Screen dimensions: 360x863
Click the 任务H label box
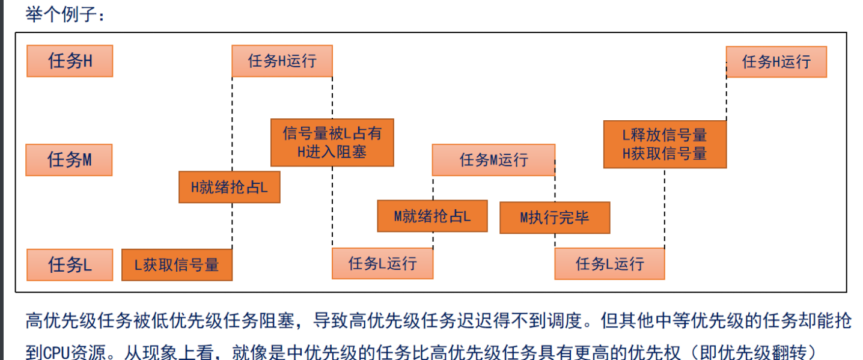pyautogui.click(x=70, y=61)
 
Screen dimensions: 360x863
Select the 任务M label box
pyautogui.click(x=69, y=160)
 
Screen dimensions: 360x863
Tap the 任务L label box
pyautogui.click(x=70, y=264)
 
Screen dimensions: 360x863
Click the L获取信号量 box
pyautogui.click(x=177, y=265)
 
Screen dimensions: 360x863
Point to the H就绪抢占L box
pyautogui.click(x=230, y=187)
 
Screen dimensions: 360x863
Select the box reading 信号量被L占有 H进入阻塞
pyautogui.click(x=332, y=142)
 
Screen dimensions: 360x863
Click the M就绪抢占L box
pyautogui.click(x=432, y=216)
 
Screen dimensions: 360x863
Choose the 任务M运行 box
pyautogui.click(x=493, y=160)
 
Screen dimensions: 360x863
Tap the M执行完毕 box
pyautogui.click(x=555, y=218)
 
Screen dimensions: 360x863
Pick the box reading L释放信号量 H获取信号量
pyautogui.click(x=665, y=144)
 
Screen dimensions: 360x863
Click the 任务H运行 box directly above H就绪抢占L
pyautogui.click(x=282, y=61)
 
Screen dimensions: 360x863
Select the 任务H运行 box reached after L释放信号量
pyautogui.click(x=776, y=61)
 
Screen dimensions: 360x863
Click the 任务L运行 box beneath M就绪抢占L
pyautogui.click(x=382, y=263)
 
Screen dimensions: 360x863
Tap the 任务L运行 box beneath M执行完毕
pyautogui.click(x=609, y=264)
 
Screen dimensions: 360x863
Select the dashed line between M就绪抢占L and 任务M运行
pyautogui.click(x=433, y=188)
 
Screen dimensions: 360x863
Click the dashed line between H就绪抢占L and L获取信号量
pyautogui.click(x=232, y=226)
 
